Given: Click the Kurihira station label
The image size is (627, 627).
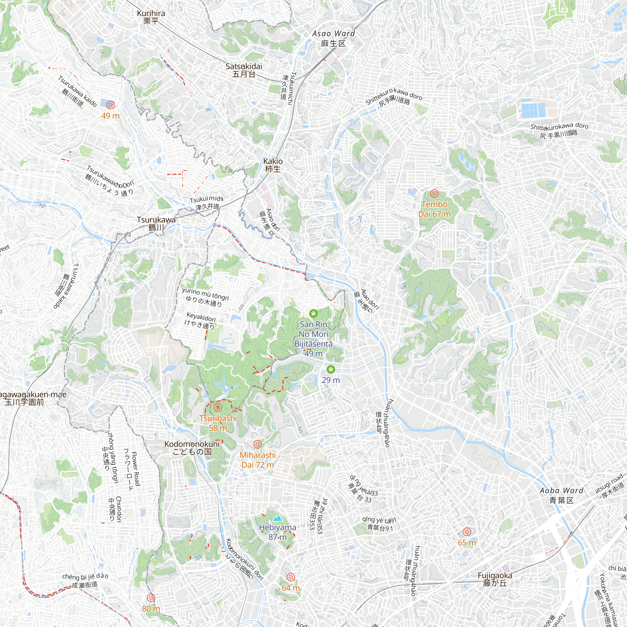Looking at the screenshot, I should click(x=151, y=17).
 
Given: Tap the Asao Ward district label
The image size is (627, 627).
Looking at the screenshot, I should click(x=333, y=38).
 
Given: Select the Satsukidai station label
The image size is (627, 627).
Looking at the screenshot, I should click(x=244, y=70).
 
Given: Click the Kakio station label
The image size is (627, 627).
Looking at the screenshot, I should click(x=273, y=165).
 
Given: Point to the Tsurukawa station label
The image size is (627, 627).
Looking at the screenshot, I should click(x=156, y=224).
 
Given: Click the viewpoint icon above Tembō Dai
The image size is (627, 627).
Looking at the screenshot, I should click(x=434, y=194).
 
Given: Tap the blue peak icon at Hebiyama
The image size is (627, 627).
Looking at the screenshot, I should click(x=277, y=518).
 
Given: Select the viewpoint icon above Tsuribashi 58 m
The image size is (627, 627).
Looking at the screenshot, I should click(x=218, y=407).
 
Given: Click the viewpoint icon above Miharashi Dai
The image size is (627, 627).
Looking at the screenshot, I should click(x=257, y=444).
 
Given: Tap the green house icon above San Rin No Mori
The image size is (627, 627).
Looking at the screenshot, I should click(x=313, y=313).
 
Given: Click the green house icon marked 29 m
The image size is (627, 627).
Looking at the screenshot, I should click(x=331, y=369).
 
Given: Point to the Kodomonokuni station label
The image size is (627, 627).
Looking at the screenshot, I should click(x=192, y=448).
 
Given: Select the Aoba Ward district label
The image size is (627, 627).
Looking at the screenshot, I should click(x=561, y=495).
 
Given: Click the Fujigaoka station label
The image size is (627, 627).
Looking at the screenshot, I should click(x=495, y=579).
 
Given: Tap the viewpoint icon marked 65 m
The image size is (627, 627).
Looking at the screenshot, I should click(x=467, y=532).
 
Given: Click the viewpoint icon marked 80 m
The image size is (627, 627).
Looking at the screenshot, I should click(x=151, y=598).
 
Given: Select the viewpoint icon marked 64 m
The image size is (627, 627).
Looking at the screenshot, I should click(x=291, y=577).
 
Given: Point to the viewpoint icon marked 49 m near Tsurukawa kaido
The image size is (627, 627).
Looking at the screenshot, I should click(x=110, y=105).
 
